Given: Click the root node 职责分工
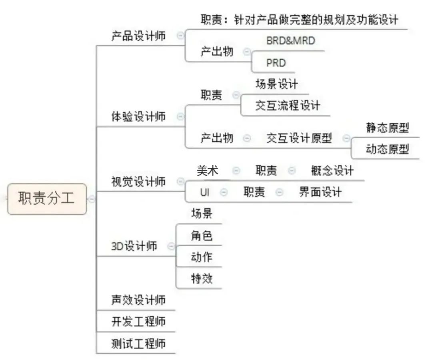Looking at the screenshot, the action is click(47, 199).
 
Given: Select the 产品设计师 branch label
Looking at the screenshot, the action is click(138, 36).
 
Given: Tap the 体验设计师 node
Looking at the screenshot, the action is click(138, 117).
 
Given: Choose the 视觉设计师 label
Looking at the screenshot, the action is click(138, 182).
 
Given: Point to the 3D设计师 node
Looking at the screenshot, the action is click(134, 246).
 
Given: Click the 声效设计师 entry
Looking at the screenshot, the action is click(138, 300).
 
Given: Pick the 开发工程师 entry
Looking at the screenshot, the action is click(138, 322).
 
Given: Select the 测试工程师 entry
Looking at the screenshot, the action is click(138, 344).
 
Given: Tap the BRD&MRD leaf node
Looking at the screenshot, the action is click(291, 41).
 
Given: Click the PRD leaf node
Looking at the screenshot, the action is click(276, 63).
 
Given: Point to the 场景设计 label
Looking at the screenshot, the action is click(277, 84).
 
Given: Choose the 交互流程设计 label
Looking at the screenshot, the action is click(288, 106).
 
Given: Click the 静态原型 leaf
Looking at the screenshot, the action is click(387, 128).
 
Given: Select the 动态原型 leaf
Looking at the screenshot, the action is click(387, 149).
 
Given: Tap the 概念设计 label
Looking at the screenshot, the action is click(332, 171).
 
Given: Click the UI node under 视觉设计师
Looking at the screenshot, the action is click(205, 192).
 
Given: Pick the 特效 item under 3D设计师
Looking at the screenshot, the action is click(202, 278).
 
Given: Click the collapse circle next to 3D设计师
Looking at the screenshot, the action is click(171, 246).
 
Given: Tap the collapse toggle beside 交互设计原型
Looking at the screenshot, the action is click(346, 138).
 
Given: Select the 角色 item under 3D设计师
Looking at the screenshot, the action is click(202, 235).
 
